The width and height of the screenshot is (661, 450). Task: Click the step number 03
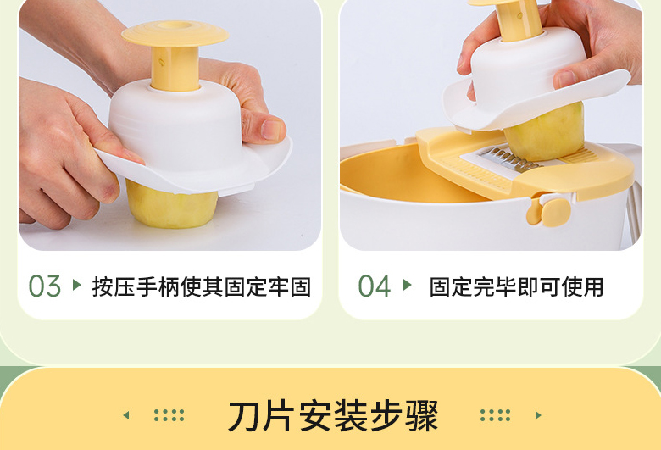tap(45, 286)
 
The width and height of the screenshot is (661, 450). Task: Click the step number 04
tap(375, 286)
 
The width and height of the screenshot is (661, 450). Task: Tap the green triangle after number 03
tap(77, 285)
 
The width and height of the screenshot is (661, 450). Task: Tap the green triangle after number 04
tap(407, 285)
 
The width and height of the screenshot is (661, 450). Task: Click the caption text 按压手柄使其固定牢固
tap(202, 286)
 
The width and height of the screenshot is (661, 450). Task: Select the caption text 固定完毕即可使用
tap(516, 286)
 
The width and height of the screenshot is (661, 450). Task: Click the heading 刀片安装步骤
tap(333, 416)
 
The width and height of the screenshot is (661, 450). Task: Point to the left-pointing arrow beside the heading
tap(125, 415)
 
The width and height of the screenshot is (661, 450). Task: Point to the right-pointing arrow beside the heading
tap(538, 415)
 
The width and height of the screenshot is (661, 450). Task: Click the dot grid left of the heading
tap(169, 415)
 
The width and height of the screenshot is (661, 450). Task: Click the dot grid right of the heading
tap(496, 415)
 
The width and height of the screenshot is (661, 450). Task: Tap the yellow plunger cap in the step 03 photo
tap(175, 33)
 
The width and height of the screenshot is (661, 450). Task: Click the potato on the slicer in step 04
tap(545, 131)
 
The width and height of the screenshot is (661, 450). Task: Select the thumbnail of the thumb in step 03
tap(271, 131)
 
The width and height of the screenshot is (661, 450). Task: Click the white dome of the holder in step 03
tap(175, 126)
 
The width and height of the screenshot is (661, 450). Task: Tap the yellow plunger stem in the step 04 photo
tap(519, 19)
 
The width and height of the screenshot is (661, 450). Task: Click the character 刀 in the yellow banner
tap(246, 416)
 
